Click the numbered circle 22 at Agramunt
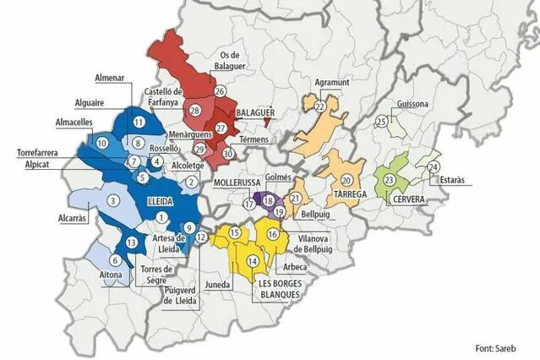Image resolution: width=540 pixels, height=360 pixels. [x=320, y=107]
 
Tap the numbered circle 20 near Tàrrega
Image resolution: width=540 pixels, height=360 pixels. [x=346, y=180]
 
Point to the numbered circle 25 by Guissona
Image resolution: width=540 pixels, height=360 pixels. [x=381, y=122]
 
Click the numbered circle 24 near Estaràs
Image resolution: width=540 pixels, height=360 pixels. [x=434, y=167]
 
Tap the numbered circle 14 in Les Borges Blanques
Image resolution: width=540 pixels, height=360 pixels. [x=253, y=262]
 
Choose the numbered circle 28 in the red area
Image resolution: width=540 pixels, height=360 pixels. [x=194, y=110]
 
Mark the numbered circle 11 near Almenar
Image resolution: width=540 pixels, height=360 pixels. [x=138, y=123]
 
